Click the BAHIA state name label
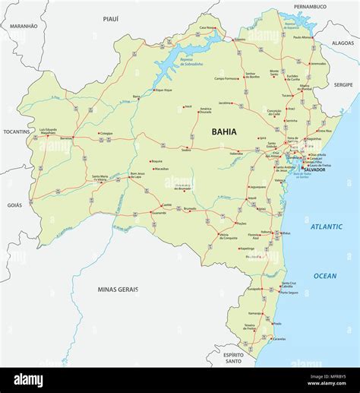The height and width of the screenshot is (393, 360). [224, 132]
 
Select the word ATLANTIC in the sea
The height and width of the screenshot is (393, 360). [326, 227]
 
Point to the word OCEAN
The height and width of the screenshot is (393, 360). [326, 276]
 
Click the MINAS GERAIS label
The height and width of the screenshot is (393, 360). [118, 290]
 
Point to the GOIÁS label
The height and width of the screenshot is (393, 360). [14, 205]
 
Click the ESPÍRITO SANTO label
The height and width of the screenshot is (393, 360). [238, 358]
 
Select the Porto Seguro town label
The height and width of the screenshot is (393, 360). [289, 293]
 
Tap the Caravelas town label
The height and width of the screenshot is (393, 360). [279, 339]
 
